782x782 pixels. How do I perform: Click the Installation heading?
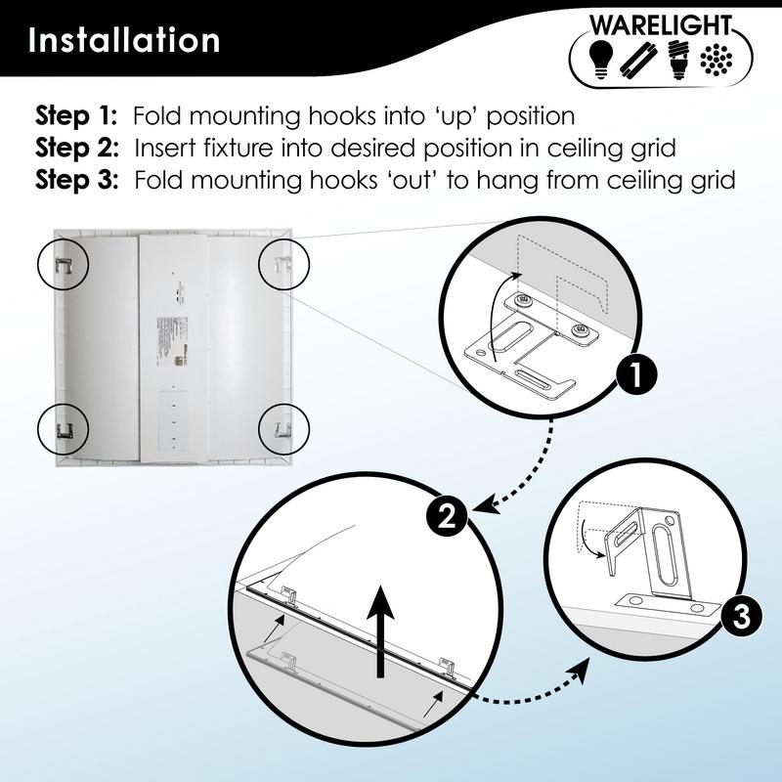pos(124,41)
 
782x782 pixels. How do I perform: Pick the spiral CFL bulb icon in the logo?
pos(674,59)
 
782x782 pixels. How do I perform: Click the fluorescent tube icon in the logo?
pos(638,59)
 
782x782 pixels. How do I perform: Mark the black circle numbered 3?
pos(741,618)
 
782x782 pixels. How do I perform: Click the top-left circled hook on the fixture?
pos(64,261)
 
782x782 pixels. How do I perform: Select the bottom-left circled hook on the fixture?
pos(64,426)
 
